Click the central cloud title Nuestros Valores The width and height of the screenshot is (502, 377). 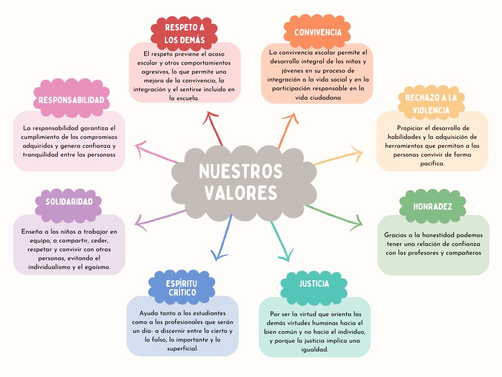241,182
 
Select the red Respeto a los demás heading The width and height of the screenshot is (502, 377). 184,34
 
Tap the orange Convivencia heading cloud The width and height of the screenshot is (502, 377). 317,31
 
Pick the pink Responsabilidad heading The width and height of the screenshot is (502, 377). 72,100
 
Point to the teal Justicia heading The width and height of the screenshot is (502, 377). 314,284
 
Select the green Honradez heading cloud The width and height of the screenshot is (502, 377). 432,206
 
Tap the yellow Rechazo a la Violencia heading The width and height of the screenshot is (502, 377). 431,104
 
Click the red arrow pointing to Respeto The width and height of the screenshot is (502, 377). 214,129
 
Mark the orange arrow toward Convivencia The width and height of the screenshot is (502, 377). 288,131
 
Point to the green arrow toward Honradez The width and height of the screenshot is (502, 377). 333,216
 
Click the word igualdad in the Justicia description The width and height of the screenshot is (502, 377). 315,350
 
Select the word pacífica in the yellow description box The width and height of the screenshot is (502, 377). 432,163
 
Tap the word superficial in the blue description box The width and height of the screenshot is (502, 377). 182,349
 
